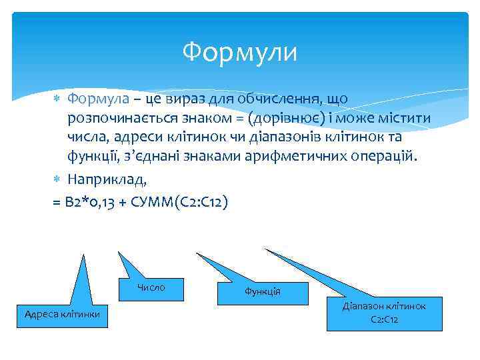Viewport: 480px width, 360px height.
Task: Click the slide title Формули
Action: [x=240, y=51]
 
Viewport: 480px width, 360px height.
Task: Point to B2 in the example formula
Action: [x=77, y=202]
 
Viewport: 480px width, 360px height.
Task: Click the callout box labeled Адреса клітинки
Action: [x=62, y=313]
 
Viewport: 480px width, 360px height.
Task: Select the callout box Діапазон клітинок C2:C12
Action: [x=384, y=313]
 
